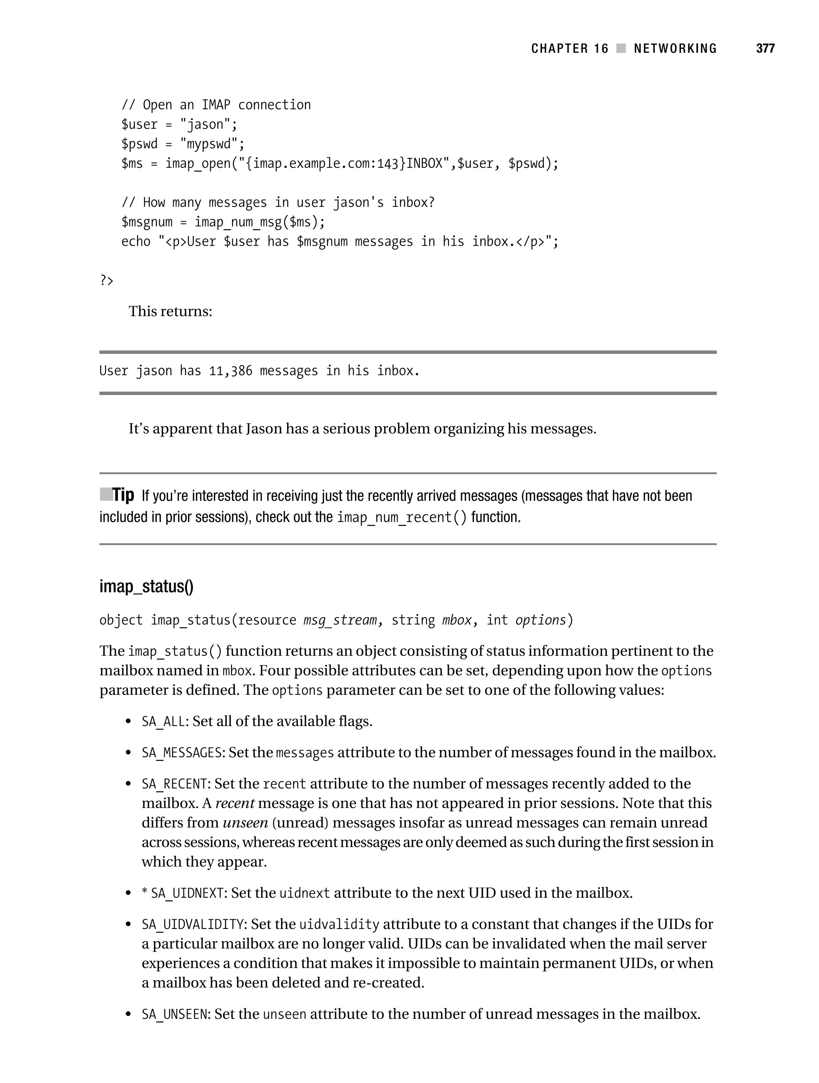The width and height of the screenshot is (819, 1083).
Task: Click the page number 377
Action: (x=765, y=48)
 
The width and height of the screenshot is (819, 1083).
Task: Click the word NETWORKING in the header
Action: (x=675, y=48)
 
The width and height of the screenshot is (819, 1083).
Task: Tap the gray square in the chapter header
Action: (x=621, y=48)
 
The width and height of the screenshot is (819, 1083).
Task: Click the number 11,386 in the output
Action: (x=230, y=371)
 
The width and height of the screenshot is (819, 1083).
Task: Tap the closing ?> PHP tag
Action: (x=107, y=281)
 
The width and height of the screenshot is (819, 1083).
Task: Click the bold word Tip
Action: (x=123, y=495)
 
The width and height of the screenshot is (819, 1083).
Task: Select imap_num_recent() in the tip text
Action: (x=402, y=517)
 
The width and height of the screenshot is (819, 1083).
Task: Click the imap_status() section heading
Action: (x=146, y=586)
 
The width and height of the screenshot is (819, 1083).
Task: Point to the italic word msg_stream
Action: (x=340, y=620)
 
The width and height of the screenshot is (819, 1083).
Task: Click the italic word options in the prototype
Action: (x=541, y=620)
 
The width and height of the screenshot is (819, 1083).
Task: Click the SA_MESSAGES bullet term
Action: (x=182, y=752)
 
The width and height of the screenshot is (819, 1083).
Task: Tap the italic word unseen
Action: (x=245, y=822)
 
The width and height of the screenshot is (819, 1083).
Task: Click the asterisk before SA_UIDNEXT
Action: (x=145, y=893)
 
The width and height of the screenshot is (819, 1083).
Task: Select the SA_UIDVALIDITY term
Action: (x=193, y=925)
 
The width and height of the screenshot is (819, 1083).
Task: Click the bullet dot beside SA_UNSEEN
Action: (x=128, y=1015)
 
